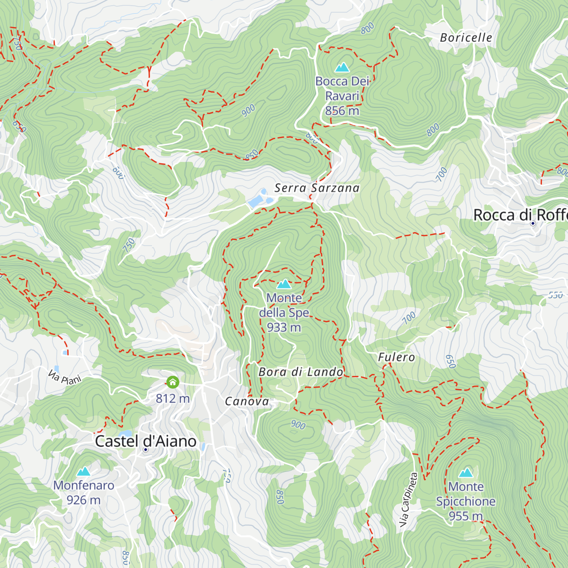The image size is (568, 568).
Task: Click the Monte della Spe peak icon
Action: [284, 284]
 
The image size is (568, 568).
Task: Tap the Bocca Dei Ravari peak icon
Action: [342, 67]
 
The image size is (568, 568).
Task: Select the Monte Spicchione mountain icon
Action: [466, 473]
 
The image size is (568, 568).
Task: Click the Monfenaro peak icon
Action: [84, 471]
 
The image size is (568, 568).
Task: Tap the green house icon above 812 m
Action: [173, 382]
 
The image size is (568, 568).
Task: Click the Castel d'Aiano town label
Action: [145, 441]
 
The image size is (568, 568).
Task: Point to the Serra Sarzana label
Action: [317, 188]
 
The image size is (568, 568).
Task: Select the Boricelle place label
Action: [466, 37]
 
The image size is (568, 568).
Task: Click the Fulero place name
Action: [396, 357]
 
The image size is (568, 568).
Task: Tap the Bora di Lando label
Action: [301, 372]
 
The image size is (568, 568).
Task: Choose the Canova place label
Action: [247, 401]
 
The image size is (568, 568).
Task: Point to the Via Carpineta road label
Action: [408, 500]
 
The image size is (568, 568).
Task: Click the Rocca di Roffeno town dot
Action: [532, 223]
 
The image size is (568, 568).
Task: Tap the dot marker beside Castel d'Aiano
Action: [145, 450]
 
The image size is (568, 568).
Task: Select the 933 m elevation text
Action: [284, 327]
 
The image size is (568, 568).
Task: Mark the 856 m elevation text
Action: [342, 111]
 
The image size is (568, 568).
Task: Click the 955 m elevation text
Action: [465, 516]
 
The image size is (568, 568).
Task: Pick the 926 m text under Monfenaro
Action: [83, 500]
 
